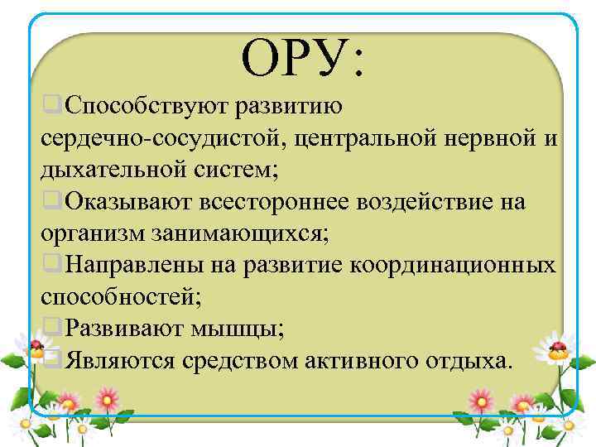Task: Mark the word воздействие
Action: (x=435, y=202)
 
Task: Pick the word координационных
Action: (x=454, y=266)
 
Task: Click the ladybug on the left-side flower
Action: (x=36, y=343)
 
